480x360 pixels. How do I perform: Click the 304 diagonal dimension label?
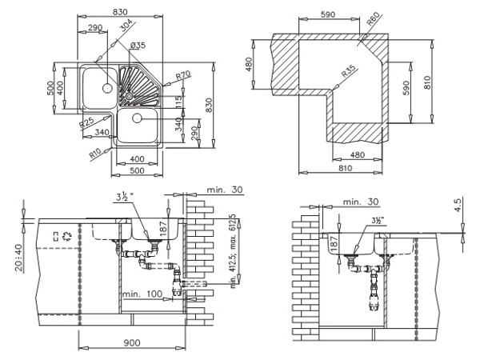(x=126, y=26)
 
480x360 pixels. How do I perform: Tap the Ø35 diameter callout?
(x=138, y=46)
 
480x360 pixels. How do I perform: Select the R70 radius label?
(x=183, y=75)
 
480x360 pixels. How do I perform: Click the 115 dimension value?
(x=178, y=102)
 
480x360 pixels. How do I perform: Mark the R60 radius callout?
(x=373, y=18)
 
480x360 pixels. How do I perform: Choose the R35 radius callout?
(x=349, y=71)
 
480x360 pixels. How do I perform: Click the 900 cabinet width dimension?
(x=132, y=343)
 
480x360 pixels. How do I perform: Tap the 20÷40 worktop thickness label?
(x=19, y=258)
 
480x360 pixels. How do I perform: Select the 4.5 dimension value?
(x=458, y=205)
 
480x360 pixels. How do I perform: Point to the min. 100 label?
(x=142, y=294)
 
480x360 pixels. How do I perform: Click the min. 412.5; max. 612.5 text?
(x=234, y=251)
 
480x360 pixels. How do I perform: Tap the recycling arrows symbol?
(x=66, y=236)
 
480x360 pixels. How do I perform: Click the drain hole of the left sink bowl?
(x=107, y=88)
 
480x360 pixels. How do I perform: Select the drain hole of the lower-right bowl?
(x=137, y=118)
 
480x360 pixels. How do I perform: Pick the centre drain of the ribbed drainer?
(x=128, y=96)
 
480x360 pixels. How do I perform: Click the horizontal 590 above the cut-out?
(x=328, y=14)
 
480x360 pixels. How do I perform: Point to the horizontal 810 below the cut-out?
(x=346, y=168)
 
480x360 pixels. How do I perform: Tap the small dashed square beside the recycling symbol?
(x=56, y=236)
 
